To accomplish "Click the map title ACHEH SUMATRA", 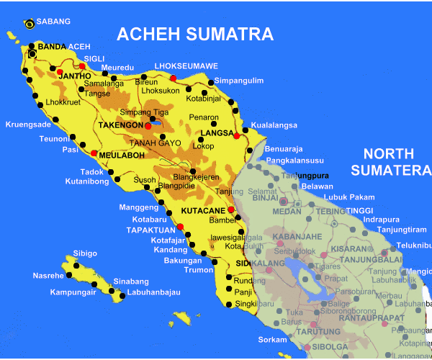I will pos(195,34).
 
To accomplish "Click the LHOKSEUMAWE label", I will pos(186,66).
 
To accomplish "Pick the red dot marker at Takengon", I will pos(148,126).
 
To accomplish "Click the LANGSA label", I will pos(217,133).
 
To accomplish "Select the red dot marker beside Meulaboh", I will pos(94,153).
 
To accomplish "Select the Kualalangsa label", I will pos(274,125).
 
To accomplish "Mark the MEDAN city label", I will pos(287,212).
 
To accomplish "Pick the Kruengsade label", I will pos(29,124).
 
